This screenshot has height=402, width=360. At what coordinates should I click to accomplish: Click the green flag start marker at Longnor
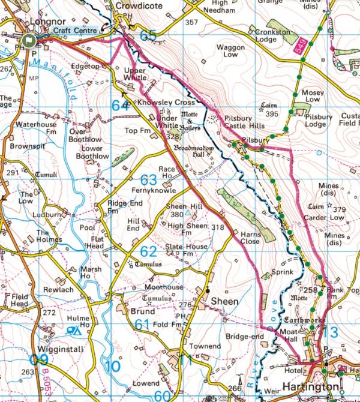tap(28, 40)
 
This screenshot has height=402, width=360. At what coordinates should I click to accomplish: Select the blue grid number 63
tap(148, 180)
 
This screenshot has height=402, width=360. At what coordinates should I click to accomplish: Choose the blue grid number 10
tap(112, 365)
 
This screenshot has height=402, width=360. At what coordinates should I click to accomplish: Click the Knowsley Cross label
tap(166, 103)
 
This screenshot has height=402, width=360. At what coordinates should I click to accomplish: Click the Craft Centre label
tap(72, 30)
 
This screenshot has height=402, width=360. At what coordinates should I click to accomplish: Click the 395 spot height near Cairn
tap(273, 114)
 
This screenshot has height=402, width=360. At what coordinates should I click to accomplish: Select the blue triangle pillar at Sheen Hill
tap(188, 213)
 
